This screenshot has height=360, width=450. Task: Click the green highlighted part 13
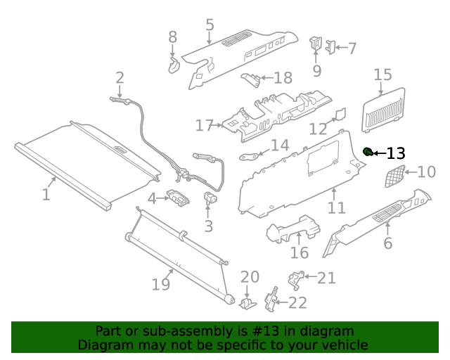[368, 152]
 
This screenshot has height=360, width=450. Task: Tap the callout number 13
[396, 153]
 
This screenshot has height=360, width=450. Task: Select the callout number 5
[210, 25]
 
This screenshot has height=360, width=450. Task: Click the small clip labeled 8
[174, 65]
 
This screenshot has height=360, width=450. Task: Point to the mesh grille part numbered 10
[394, 176]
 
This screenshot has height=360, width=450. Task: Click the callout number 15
[382, 75]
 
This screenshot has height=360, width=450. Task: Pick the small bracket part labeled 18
[251, 79]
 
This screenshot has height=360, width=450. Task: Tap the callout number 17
[205, 126]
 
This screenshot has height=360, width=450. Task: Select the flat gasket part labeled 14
[248, 156]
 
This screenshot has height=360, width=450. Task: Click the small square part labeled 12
[340, 114]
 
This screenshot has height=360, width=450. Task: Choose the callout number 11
[336, 207]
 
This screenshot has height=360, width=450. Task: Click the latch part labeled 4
[178, 197]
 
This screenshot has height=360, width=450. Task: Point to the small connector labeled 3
[210, 198]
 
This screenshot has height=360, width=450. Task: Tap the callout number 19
[161, 284]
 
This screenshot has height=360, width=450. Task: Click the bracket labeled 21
[295, 280]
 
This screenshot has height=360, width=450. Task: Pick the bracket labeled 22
[271, 300]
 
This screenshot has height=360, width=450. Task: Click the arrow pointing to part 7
[342, 47]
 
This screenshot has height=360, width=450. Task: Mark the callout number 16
[300, 252]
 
